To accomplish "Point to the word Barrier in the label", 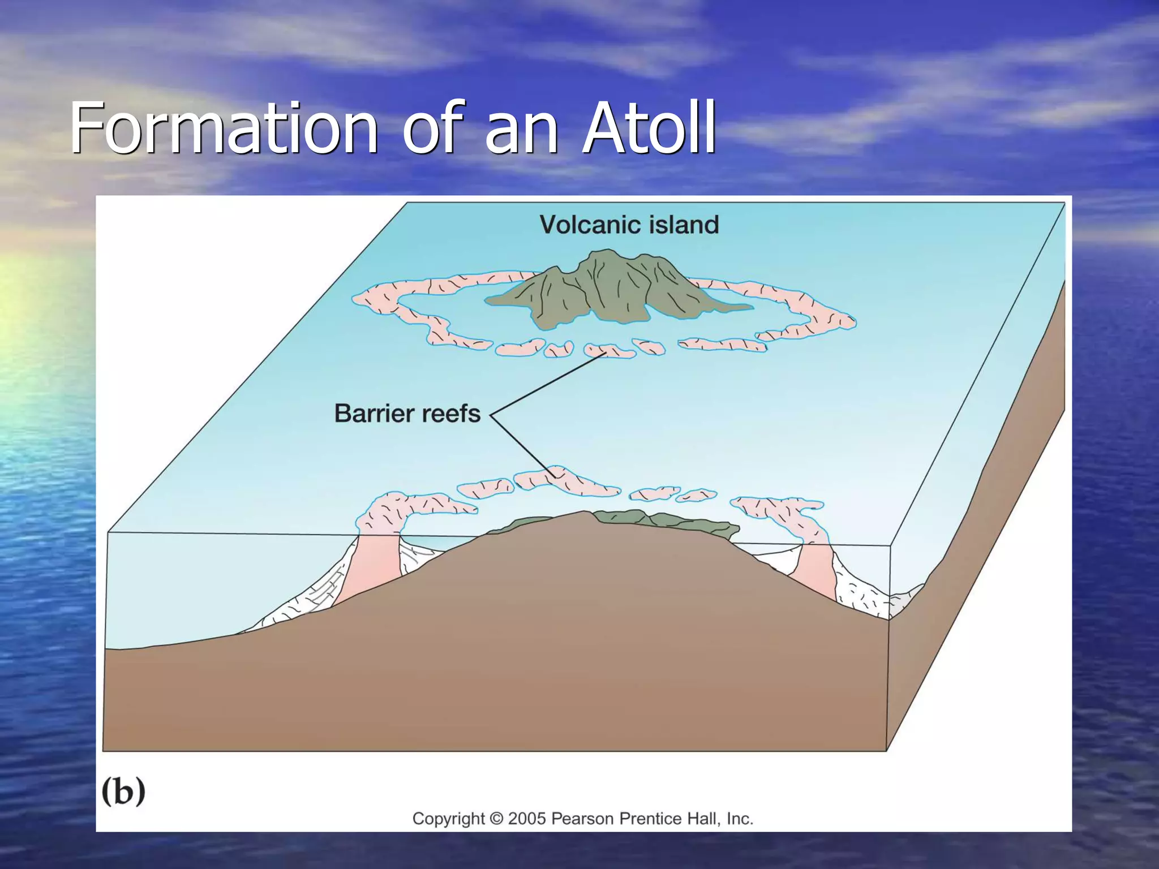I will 374,414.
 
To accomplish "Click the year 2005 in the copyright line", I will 527,819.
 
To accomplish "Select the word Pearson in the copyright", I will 582,819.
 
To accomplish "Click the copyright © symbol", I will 496,819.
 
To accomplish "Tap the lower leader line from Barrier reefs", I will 523,445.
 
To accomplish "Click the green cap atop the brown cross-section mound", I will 662,519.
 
